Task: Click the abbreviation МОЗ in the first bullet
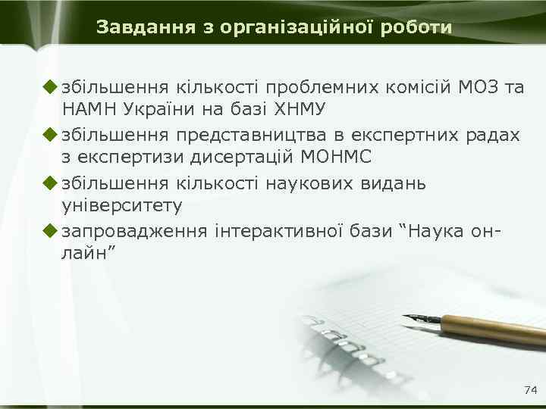(x=478, y=86)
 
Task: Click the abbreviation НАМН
(x=89, y=110)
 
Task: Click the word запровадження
(x=133, y=230)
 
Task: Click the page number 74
(x=530, y=390)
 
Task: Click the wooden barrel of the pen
(x=493, y=330)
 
